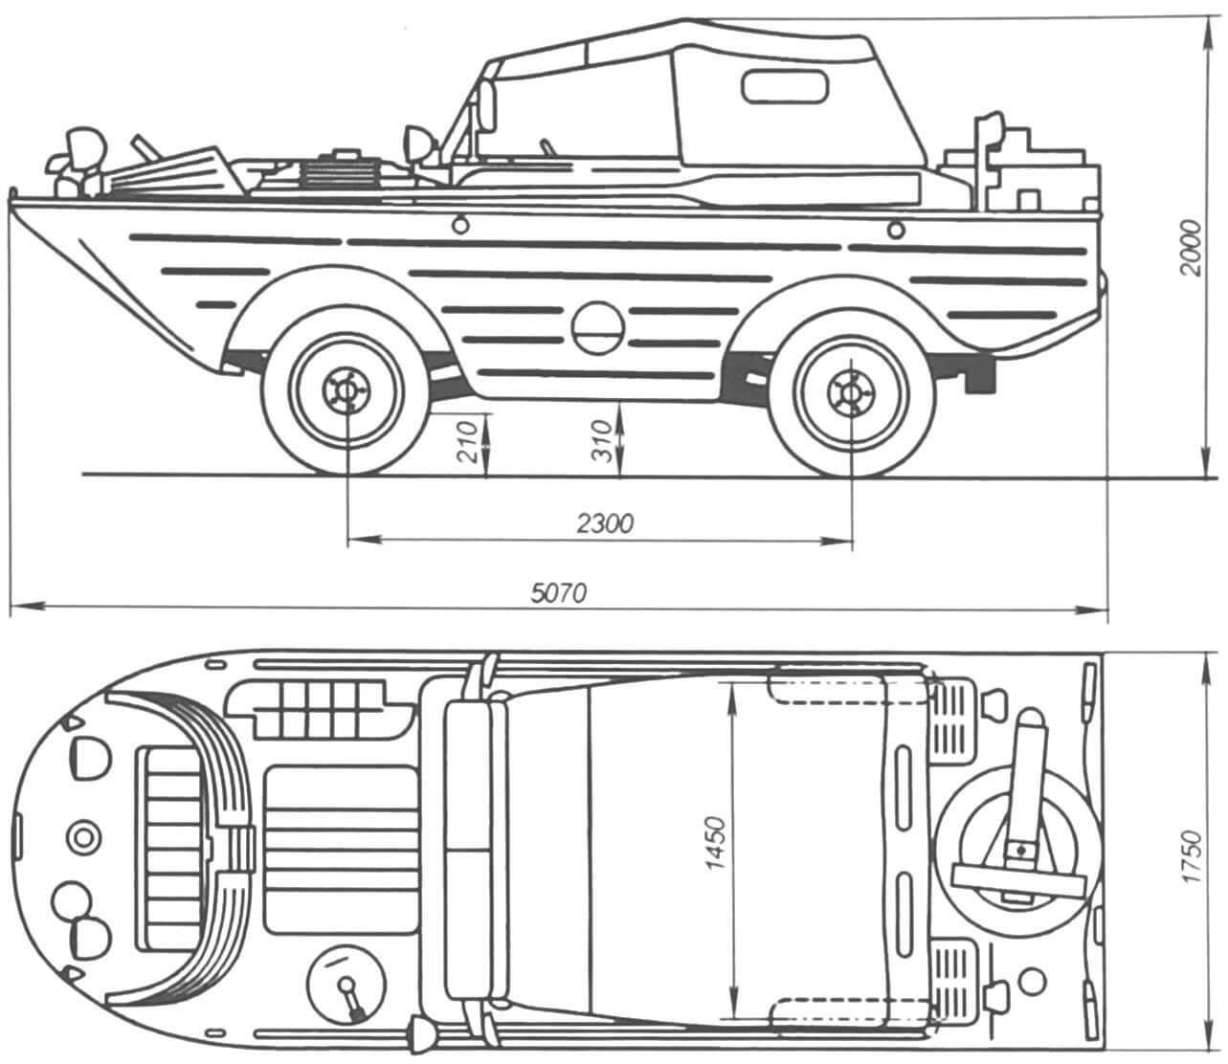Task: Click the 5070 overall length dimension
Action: [558, 593]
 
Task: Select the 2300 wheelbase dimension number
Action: [605, 523]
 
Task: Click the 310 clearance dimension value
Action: [602, 441]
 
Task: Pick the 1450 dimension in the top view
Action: [717, 844]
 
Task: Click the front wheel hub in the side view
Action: [346, 391]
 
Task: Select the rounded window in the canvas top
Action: [786, 86]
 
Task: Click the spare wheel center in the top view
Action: [1020, 850]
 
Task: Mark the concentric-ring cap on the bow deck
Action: [84, 837]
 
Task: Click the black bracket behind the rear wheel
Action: [980, 377]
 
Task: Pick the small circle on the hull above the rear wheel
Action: [896, 230]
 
